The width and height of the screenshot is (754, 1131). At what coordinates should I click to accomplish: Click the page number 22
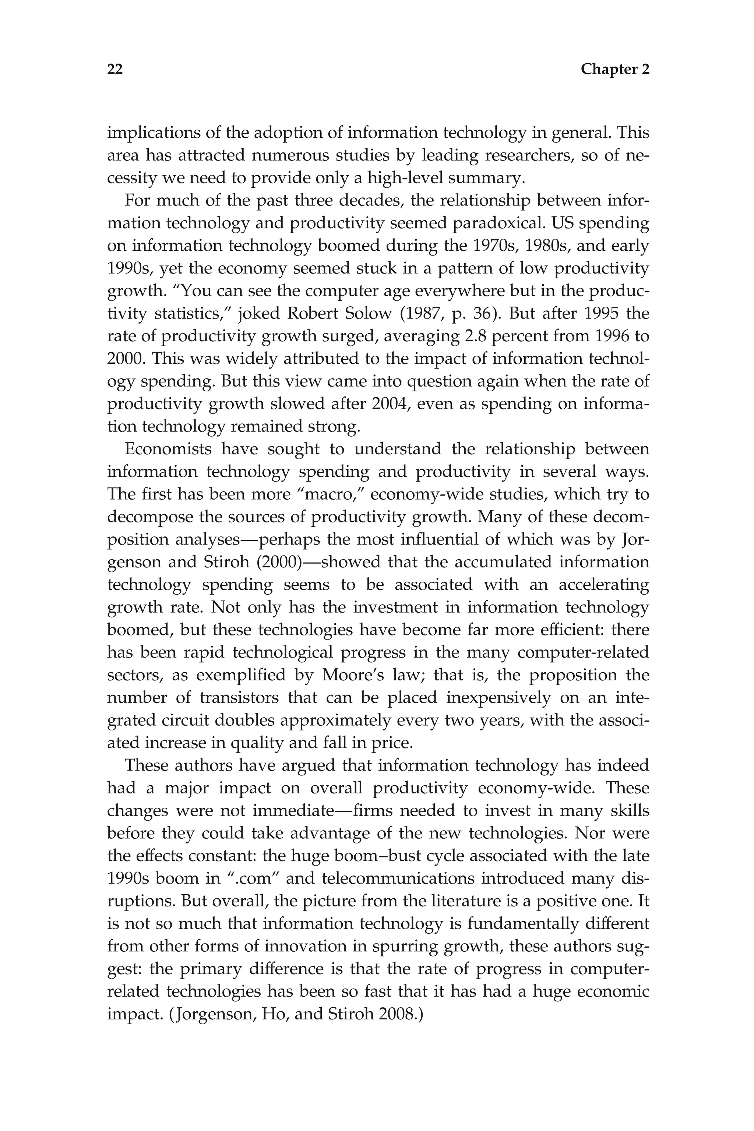click(115, 69)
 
